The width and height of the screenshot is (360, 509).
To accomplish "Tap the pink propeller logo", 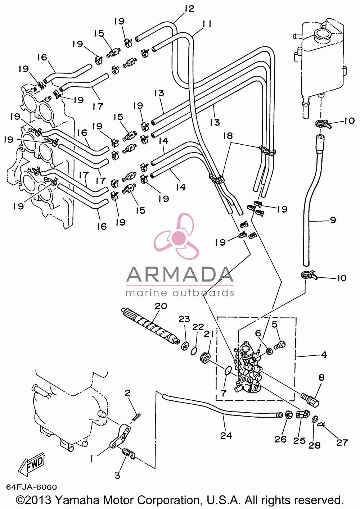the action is (176, 237).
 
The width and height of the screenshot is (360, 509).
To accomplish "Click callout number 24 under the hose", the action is (226, 435).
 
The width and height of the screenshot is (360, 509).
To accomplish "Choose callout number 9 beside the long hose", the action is (333, 220).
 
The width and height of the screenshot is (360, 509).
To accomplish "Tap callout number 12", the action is (189, 9).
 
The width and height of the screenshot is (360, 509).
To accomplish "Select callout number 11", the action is (207, 24).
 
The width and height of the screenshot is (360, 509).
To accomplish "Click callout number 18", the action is (228, 136).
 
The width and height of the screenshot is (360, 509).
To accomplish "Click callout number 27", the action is (342, 442).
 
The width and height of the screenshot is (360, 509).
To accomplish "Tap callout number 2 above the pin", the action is (127, 393).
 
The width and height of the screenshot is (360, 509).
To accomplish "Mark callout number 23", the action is (184, 319).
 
